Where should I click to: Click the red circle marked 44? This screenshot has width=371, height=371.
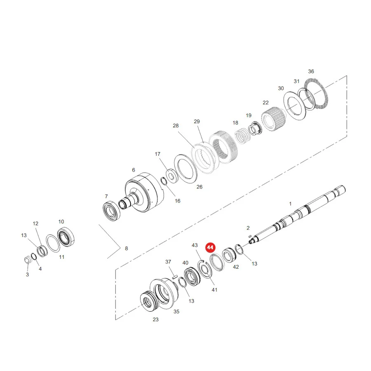pyautogui.click(x=210, y=247)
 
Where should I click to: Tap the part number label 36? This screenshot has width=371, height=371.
pyautogui.click(x=311, y=71)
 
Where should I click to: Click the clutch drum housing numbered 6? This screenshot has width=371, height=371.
pyautogui.click(x=144, y=192)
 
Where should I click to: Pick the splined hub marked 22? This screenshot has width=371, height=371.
pyautogui.click(x=272, y=119)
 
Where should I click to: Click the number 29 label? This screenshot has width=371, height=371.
pyautogui.click(x=197, y=121)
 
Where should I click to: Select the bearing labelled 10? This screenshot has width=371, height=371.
pyautogui.click(x=66, y=237)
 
